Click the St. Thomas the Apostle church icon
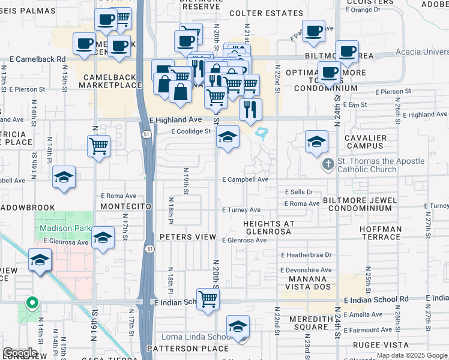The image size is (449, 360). click(x=328, y=164)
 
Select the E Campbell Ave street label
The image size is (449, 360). click(x=245, y=179)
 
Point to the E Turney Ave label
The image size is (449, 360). click(x=241, y=210)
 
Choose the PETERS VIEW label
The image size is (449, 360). click(x=188, y=237)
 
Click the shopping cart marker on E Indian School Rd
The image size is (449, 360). click(x=208, y=298)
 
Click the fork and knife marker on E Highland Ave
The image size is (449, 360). click(x=250, y=109)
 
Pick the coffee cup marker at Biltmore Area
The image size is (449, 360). click(x=347, y=52)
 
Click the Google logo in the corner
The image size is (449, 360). click(x=20, y=353)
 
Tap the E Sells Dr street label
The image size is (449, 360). click(x=298, y=192)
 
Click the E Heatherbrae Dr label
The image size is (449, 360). click(x=306, y=255)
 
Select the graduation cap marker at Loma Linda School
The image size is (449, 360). click(x=238, y=327)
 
